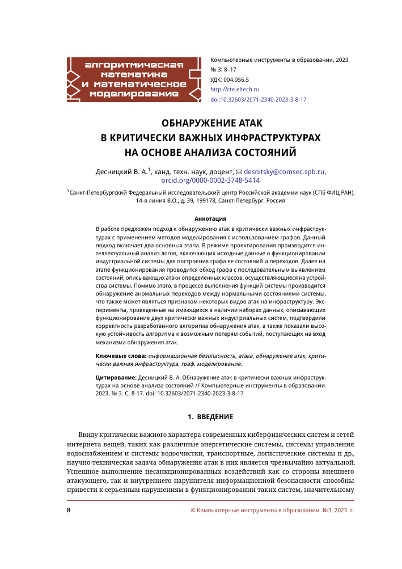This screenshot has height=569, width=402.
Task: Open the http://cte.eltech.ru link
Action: (234, 89)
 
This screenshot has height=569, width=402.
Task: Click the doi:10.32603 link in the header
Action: (258, 99)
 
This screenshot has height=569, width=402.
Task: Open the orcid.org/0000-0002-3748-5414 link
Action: (202, 180)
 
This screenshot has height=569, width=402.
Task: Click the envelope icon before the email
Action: (238, 171)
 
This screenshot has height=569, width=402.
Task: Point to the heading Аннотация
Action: (210, 218)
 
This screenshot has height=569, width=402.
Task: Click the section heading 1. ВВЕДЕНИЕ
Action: (210, 417)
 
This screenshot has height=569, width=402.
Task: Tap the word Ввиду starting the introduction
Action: (89, 434)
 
